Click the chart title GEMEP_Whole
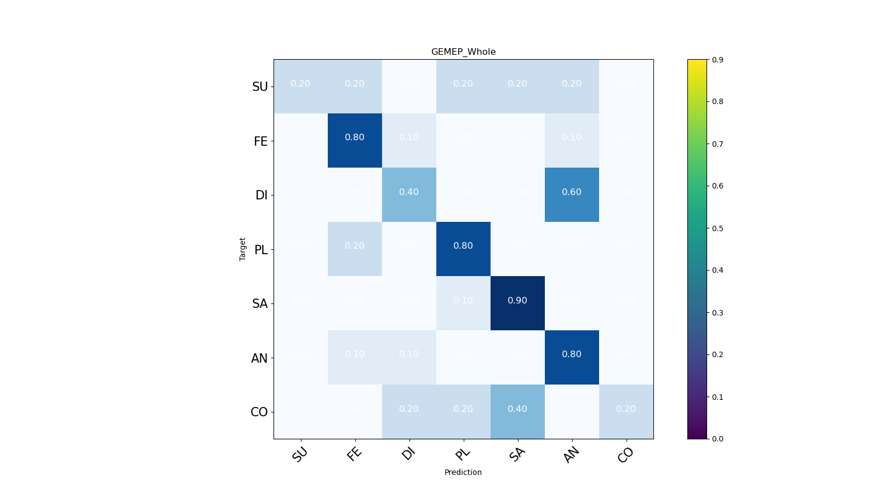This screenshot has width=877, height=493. tap(463, 52)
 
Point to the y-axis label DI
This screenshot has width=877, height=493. tap(261, 196)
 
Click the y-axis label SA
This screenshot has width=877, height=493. tap(260, 304)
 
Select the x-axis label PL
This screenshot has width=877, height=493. tap(463, 454)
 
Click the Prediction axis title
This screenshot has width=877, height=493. tap(463, 472)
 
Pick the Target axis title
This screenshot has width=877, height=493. tap(243, 249)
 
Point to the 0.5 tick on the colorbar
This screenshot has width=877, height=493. tap(717, 228)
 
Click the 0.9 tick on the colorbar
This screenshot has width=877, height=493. tap(717, 60)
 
